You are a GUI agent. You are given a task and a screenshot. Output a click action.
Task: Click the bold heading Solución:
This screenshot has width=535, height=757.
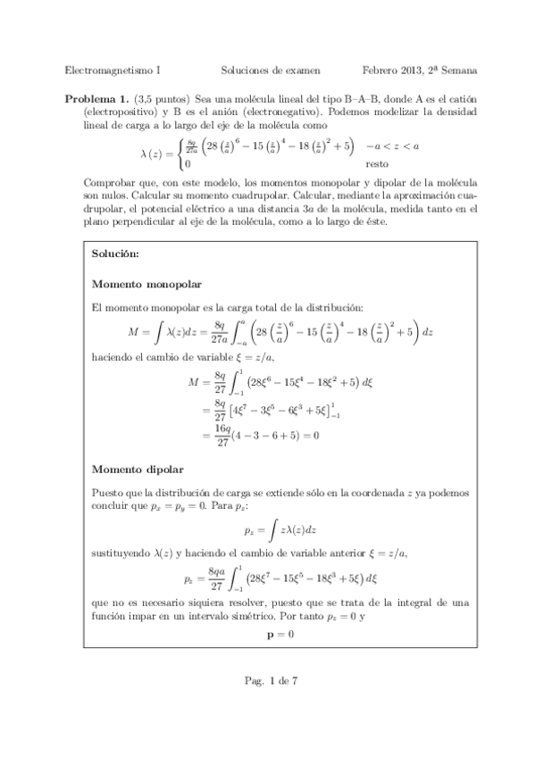115,254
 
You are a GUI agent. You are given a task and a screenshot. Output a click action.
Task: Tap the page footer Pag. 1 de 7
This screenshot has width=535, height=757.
270,705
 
